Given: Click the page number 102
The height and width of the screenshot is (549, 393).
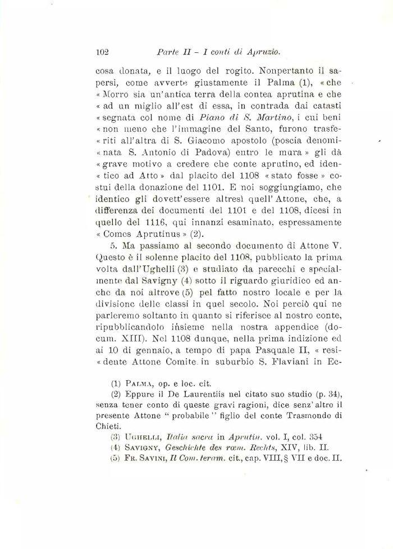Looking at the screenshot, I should pos(102,52).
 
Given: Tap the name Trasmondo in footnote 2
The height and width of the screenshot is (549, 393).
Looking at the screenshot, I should pos(294,413).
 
